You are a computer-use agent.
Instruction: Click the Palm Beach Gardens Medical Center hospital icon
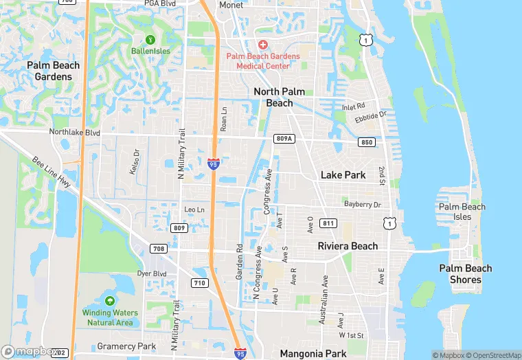click(x=263, y=44)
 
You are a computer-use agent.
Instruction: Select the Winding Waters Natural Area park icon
click(x=110, y=301)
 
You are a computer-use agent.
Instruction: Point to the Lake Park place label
click(x=343, y=175)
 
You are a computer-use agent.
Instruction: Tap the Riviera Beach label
click(x=348, y=246)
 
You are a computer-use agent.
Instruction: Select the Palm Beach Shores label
click(x=465, y=273)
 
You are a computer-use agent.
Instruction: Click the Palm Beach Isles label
click(x=462, y=212)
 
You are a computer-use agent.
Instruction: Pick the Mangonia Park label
click(x=314, y=354)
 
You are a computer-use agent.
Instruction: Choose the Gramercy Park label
click(x=126, y=346)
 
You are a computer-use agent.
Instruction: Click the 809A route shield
click(x=284, y=138)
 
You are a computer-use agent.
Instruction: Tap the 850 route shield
click(x=366, y=142)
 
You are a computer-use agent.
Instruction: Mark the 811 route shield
click(x=328, y=223)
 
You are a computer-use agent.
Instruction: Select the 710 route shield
click(x=199, y=282)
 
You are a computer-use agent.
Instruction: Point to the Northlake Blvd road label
click(x=74, y=132)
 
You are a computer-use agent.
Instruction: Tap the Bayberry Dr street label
click(x=362, y=205)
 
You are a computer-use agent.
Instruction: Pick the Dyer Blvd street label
click(x=151, y=273)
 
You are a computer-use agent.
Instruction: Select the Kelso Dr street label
click(x=135, y=162)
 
